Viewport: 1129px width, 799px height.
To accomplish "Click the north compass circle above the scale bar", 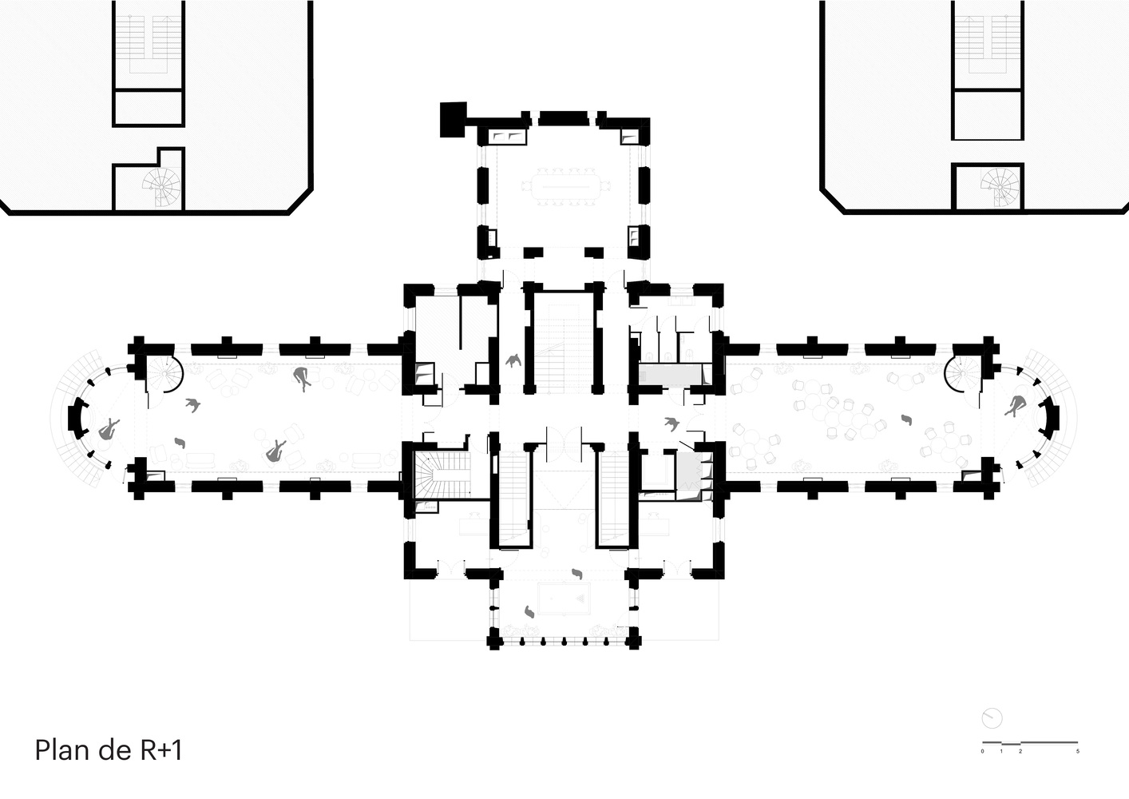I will (992, 718).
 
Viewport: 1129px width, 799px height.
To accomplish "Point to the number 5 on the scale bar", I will (1078, 752).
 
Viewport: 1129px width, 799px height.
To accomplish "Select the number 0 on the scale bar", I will (982, 752).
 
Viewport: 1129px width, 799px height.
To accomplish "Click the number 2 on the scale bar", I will (1020, 752).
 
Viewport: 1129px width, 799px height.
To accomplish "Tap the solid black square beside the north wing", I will (453, 119).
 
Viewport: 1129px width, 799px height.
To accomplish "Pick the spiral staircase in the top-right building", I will (1000, 187).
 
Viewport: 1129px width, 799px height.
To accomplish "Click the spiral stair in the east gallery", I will (960, 374).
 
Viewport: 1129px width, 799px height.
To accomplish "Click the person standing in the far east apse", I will (1016, 405).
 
